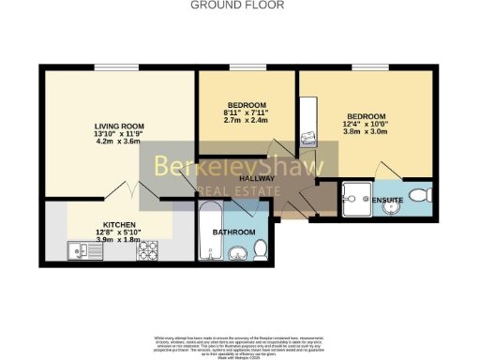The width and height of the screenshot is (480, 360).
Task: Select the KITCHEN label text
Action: (118, 224)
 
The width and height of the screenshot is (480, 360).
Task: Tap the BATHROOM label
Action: (234, 232)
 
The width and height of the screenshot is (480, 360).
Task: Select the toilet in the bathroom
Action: (262, 248)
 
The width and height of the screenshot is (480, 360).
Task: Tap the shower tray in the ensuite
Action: (356, 196)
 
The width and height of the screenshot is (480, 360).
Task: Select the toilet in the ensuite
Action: (422, 195)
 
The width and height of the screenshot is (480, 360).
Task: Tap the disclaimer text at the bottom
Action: (239, 342)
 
